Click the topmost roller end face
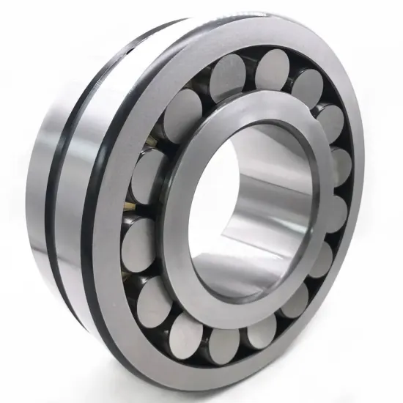click(x=273, y=67)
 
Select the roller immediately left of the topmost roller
click(x=226, y=75)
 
